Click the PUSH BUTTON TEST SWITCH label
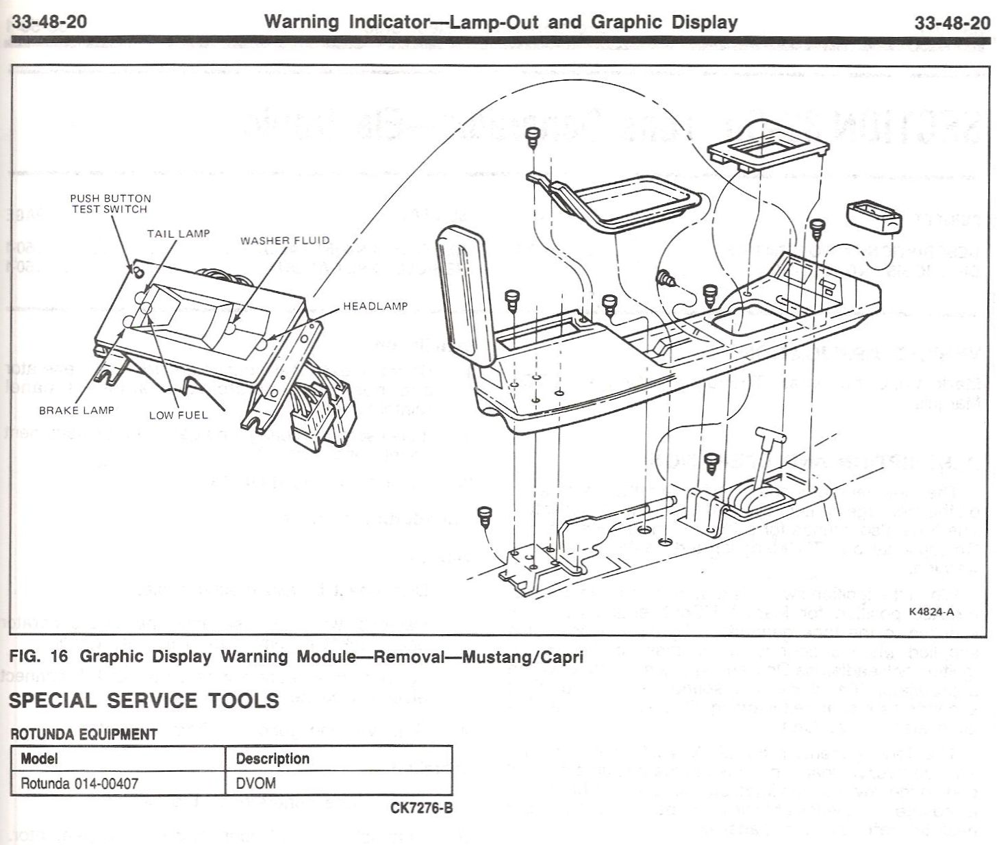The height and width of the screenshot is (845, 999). [x=110, y=203]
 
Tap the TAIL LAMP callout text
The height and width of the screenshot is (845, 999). [x=178, y=234]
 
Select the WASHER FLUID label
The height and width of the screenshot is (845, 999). [x=284, y=240]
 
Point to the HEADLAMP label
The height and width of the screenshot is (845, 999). [x=375, y=306]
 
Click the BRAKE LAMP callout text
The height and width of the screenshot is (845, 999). [x=76, y=410]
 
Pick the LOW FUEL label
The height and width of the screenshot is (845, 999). [x=178, y=414]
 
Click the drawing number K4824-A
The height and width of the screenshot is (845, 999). [x=931, y=611]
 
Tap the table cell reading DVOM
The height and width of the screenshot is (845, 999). [x=256, y=783]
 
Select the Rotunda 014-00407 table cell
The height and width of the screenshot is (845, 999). [x=79, y=783]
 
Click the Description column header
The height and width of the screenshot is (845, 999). [x=273, y=758]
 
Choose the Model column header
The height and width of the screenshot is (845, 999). [x=39, y=758]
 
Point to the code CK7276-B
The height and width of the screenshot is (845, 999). [x=421, y=808]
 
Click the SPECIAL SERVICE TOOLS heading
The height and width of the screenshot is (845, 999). [x=144, y=700]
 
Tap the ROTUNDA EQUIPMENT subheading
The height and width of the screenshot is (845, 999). [x=84, y=734]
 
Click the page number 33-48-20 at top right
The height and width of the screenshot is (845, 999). [x=952, y=22]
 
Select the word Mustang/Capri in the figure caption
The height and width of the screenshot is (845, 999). [x=523, y=657]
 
